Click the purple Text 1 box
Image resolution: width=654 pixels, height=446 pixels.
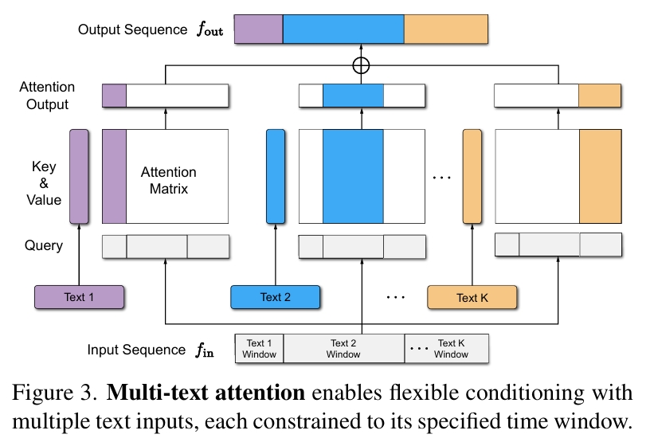click(79, 297)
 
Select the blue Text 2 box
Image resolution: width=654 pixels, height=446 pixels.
click(275, 297)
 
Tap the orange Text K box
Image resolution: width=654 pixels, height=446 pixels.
click(472, 297)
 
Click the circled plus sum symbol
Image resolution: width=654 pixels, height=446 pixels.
click(361, 66)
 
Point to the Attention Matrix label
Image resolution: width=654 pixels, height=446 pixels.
click(168, 181)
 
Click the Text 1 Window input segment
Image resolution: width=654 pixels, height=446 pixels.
click(260, 349)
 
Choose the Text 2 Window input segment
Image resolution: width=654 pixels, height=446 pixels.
click(344, 349)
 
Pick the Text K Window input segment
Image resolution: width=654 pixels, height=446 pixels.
click(446, 349)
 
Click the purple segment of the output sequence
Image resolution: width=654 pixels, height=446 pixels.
click(259, 29)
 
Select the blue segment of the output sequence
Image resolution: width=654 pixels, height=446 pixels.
click(344, 29)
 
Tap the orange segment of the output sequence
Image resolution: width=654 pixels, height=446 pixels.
click(446, 29)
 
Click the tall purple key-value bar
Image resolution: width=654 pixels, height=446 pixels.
click(79, 176)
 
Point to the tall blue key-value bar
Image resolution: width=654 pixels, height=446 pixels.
click(275, 176)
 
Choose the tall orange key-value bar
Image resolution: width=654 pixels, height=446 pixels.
click(472, 176)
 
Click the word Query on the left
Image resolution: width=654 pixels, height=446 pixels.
click(44, 246)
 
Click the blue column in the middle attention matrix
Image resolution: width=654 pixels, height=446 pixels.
click(353, 176)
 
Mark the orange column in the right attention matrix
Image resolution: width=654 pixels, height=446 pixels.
click(600, 176)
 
